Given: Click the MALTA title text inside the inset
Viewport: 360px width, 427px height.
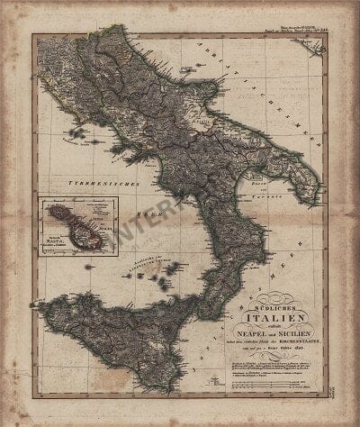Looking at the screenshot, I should [x=53, y=239].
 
